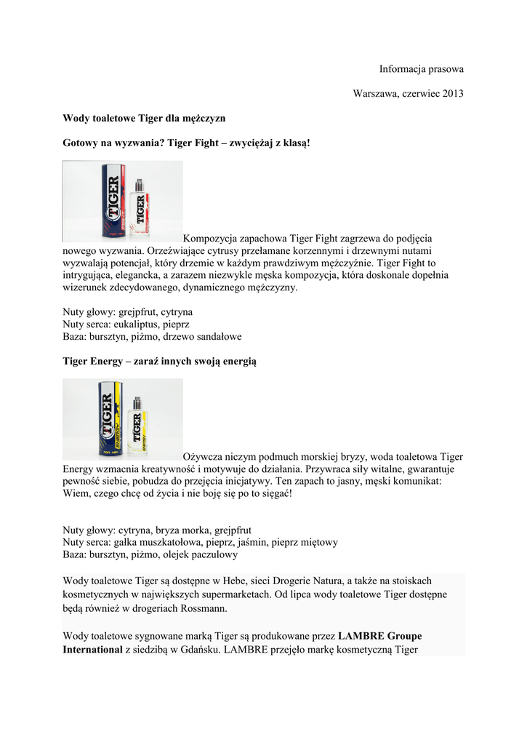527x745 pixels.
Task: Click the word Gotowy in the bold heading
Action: (x=79, y=143)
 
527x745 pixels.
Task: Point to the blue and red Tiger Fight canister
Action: (x=113, y=201)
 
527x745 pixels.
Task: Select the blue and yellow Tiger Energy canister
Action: (x=110, y=420)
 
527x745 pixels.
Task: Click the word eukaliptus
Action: (x=138, y=324)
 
